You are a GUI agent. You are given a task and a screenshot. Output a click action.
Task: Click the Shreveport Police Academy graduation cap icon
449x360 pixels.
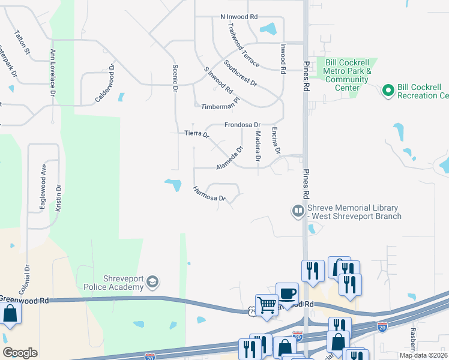click(x=153, y=281)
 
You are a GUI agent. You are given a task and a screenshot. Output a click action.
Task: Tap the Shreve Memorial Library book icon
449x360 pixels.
click(x=298, y=211)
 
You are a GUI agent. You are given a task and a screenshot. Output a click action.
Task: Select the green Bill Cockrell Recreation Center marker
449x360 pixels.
click(x=388, y=91)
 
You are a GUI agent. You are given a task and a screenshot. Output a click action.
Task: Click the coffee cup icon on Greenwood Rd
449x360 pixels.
click(x=287, y=293)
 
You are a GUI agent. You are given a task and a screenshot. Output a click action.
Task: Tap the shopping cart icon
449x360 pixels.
click(x=266, y=304)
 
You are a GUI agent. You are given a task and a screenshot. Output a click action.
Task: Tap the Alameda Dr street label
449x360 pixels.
click(x=230, y=157)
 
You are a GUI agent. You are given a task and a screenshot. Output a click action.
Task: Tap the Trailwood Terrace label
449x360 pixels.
click(x=243, y=44)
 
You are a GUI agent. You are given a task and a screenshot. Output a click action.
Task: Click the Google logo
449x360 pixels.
click(x=20, y=353)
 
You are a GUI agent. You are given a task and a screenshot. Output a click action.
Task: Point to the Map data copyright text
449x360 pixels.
click(x=424, y=355)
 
